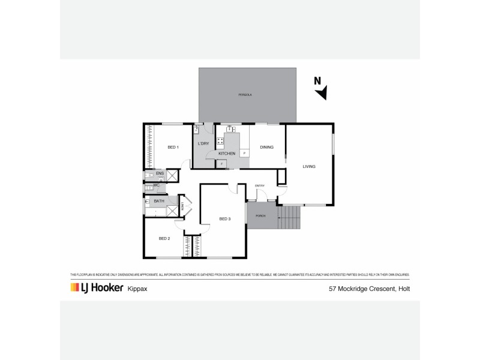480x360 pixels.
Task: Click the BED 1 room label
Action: coord(173,147)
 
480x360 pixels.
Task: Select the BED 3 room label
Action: coord(225,219)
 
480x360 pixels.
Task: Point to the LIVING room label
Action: coord(309,166)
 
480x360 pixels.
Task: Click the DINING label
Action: coord(266,147)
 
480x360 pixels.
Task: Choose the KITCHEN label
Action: coord(218,154)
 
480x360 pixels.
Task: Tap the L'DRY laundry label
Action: coord(203,145)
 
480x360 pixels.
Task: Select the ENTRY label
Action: coord(260,185)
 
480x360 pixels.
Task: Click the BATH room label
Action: coord(159,201)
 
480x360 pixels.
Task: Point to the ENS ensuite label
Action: coord(160,174)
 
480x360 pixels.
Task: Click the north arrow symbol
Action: coord(323,92)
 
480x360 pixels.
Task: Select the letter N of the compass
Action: coord(318,81)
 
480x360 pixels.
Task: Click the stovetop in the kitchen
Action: coord(220,142)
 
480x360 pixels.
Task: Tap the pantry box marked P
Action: coord(244,154)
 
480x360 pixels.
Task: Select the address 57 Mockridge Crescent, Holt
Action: coord(368,289)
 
